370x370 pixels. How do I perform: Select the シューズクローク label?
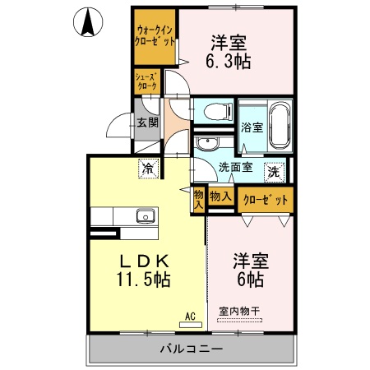point(147,81)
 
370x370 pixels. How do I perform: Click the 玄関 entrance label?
point(147,123)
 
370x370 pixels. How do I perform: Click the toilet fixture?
point(214,111)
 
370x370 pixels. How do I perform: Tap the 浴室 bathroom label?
point(251,127)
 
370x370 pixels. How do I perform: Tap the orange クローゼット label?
point(266,200)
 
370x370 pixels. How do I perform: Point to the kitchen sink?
point(146,216)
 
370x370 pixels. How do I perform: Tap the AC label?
point(189,315)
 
